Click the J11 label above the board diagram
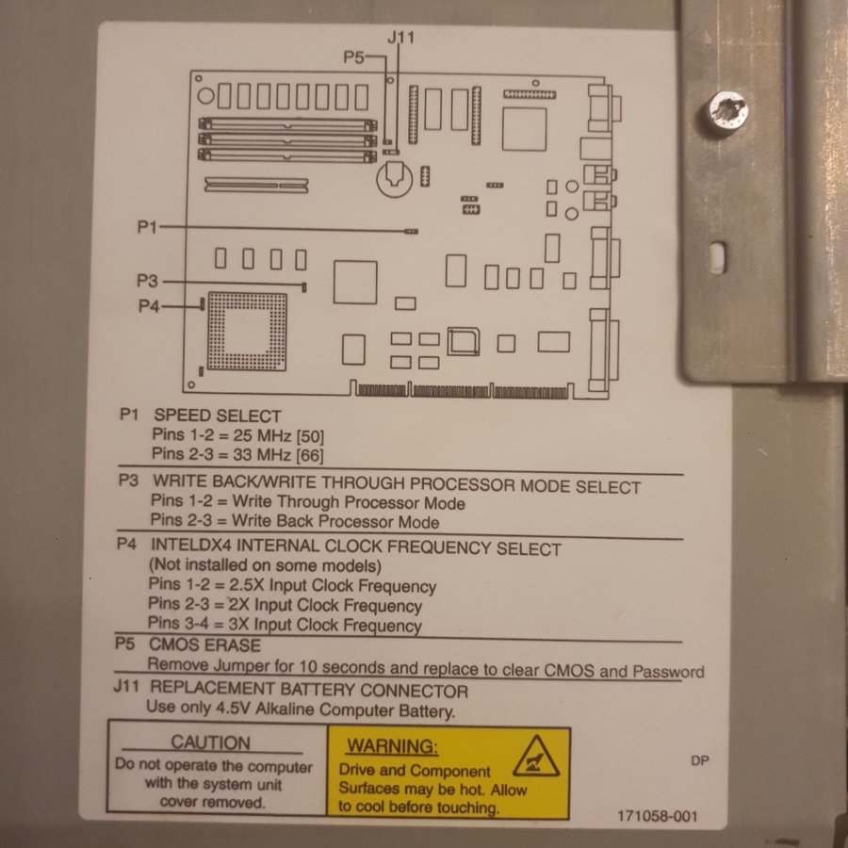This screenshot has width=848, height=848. click(400, 38)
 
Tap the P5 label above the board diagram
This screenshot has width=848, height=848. click(353, 57)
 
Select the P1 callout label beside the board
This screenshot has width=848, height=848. click(147, 226)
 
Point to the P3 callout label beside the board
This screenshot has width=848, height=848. click(147, 281)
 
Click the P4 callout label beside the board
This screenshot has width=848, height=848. click(149, 306)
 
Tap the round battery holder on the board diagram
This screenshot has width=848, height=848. click(394, 180)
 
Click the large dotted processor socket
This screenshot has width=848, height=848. click(247, 331)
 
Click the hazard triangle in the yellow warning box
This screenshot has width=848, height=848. click(535, 757)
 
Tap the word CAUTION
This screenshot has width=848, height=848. click(210, 742)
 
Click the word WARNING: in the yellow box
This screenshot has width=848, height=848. click(392, 746)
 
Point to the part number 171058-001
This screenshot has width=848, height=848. click(657, 816)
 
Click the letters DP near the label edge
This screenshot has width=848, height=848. click(699, 760)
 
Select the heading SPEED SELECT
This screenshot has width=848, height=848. click(218, 416)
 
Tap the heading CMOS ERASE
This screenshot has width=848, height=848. click(205, 644)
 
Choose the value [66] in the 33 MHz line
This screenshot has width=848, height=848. click(310, 455)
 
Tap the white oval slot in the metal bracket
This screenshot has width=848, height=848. click(717, 257)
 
